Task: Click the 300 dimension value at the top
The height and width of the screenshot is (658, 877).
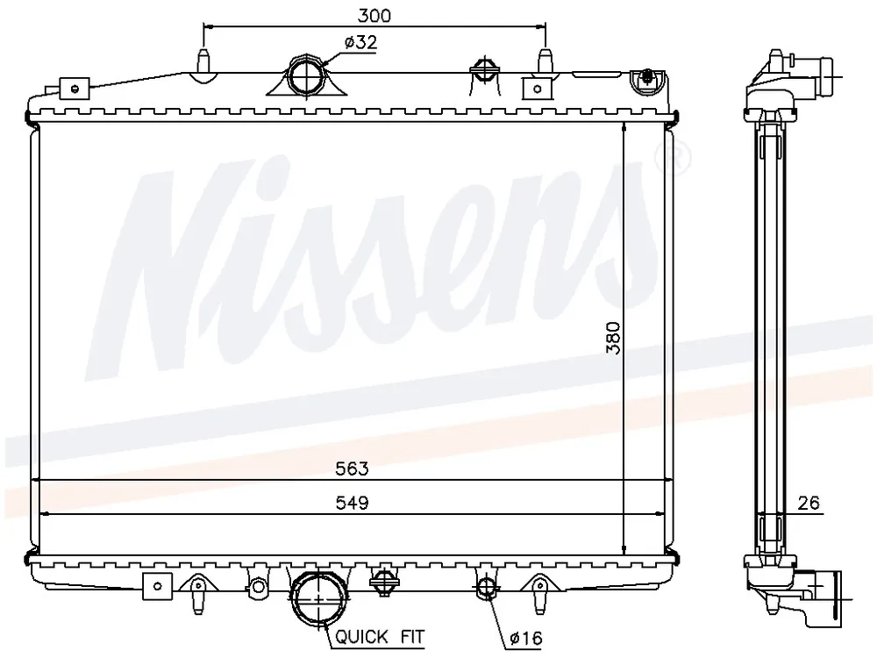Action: [374, 15]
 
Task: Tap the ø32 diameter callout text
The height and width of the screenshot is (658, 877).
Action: [360, 42]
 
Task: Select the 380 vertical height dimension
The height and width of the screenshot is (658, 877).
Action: [614, 338]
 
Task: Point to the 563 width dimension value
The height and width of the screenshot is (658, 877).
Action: [352, 468]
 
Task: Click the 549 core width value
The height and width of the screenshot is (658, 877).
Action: [352, 503]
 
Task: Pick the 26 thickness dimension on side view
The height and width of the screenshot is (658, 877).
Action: [809, 503]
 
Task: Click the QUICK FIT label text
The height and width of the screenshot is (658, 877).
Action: [380, 636]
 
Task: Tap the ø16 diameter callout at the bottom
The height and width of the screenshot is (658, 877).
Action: [526, 637]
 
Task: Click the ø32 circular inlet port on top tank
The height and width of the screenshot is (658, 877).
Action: [306, 76]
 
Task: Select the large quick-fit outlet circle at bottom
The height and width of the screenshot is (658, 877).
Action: [319, 599]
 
